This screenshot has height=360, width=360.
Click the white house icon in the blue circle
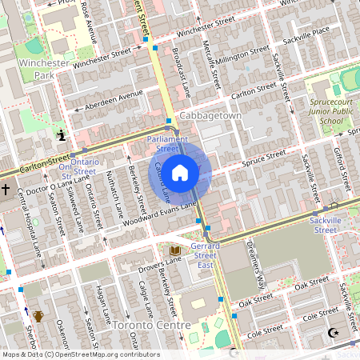tap(180, 172)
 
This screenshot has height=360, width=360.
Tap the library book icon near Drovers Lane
tap(174, 251)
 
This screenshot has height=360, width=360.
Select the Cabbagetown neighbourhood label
tap(210, 116)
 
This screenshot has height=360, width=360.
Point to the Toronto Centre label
tap(151, 326)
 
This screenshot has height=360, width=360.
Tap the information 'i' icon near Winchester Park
tap(61, 136)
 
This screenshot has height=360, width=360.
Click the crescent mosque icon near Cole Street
tap(334, 332)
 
